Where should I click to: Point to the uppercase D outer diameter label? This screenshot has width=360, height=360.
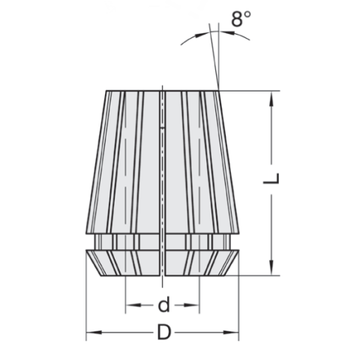(163, 332)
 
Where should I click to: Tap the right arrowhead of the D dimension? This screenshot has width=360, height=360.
(234, 331)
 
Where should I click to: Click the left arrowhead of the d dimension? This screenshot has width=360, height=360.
(130, 305)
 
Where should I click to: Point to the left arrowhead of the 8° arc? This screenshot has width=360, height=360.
(200, 34)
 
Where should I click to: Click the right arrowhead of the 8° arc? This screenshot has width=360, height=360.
(224, 34)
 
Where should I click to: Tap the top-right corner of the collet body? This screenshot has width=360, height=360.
(220, 91)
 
